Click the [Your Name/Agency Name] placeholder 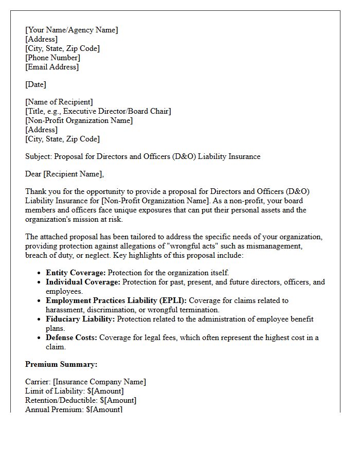[71, 30]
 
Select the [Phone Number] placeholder [52, 58]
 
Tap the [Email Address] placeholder [52, 67]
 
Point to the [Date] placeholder [35, 84]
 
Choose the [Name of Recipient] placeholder [59, 102]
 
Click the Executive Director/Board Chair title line [98, 111]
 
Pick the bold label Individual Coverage [83, 282]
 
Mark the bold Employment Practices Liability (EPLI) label [116, 300]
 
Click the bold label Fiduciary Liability [80, 319]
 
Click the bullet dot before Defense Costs [40, 338]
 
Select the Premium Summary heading [61, 364]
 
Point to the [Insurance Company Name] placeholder [99, 382]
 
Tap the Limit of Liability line [74, 391]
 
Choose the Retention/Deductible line [81, 400]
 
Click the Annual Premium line [74, 409]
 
